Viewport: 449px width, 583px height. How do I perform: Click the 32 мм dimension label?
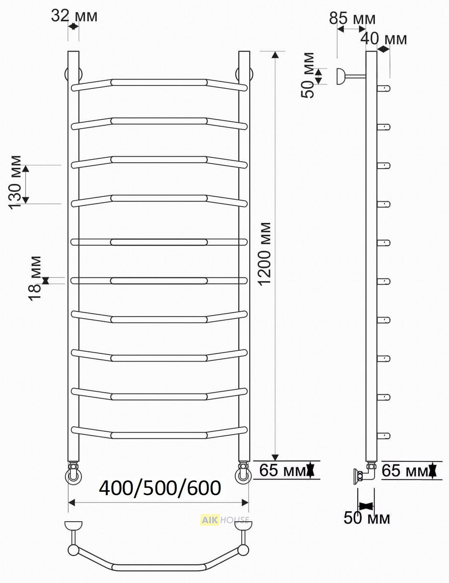(74, 16)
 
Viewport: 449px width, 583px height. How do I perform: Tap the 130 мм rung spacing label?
(16, 182)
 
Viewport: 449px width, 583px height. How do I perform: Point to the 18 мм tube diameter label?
(36, 278)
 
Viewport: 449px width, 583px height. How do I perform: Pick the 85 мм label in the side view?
(352, 18)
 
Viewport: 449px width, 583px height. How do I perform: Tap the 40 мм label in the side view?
(383, 38)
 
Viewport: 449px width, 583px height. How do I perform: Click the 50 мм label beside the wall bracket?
(308, 75)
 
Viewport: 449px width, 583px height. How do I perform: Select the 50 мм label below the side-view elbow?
(367, 517)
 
